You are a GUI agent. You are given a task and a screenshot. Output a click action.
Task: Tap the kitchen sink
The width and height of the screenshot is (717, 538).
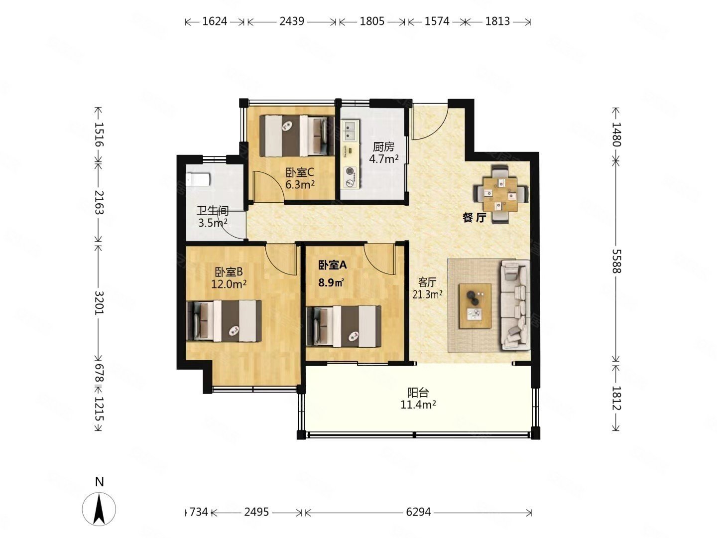pyautogui.click(x=350, y=131)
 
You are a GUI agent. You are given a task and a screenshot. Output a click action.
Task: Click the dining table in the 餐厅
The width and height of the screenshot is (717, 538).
pyautogui.click(x=500, y=194)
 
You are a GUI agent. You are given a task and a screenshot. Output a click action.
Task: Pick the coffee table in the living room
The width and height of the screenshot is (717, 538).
pyautogui.click(x=475, y=306)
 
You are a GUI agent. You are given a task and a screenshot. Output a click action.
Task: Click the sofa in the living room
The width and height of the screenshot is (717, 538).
pyautogui.click(x=514, y=305)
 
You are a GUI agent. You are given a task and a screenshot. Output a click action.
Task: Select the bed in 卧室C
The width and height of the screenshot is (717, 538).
pyautogui.click(x=297, y=135)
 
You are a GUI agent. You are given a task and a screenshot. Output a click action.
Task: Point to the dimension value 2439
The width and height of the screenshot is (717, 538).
pyautogui.click(x=292, y=21)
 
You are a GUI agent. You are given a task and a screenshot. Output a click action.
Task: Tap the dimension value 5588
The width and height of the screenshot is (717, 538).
pyautogui.click(x=616, y=261)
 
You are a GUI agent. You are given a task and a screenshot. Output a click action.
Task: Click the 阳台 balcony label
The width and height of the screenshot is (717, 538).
pyautogui.click(x=418, y=393)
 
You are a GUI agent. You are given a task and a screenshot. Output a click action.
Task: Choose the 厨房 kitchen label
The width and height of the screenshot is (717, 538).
pyautogui.click(x=383, y=147)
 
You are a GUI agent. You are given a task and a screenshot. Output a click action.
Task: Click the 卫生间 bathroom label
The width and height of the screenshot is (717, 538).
pyautogui.click(x=212, y=211)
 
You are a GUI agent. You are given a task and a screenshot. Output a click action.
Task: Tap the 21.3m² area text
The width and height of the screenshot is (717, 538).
pyautogui.click(x=427, y=294)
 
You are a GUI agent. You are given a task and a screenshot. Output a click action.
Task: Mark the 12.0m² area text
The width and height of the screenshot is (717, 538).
pyautogui.click(x=229, y=284)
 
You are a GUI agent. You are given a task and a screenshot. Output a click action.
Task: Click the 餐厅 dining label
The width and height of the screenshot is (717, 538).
pyautogui.click(x=475, y=218)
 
